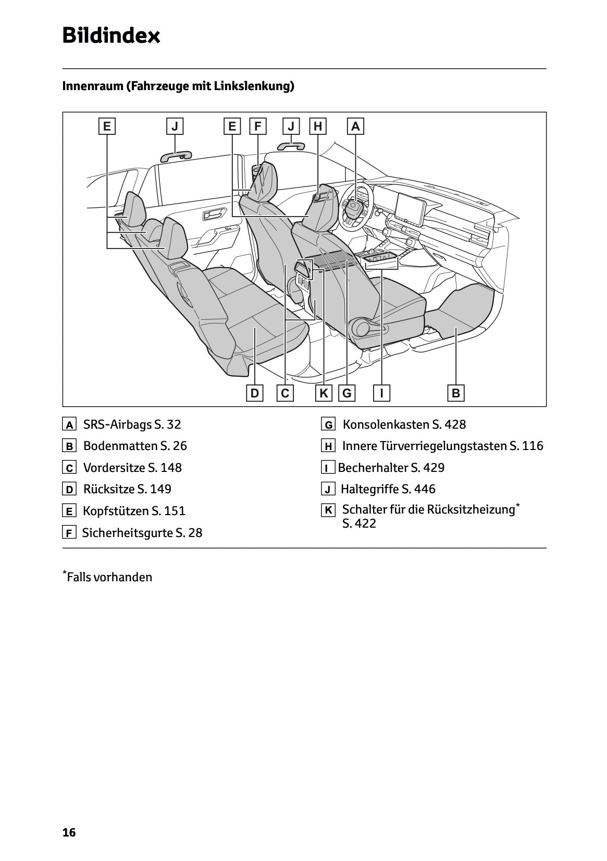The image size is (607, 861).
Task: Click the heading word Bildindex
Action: click(111, 36)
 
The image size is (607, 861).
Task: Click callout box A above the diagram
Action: click(355, 126)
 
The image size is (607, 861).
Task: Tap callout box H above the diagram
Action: click(318, 126)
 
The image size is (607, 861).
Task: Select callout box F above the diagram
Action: click(257, 126)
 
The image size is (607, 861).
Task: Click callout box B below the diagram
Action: click(456, 393)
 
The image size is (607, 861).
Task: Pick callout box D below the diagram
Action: click(254, 393)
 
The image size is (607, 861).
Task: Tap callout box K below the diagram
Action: click(324, 393)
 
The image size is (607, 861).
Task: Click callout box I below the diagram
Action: click(382, 393)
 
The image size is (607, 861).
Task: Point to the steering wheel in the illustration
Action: click(356, 206)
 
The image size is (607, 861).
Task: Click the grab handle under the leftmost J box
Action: click(176, 155)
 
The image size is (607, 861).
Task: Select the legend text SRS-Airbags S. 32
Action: click(132, 425)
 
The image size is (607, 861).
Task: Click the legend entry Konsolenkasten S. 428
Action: click(404, 425)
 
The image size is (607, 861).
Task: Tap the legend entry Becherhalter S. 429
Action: click(391, 468)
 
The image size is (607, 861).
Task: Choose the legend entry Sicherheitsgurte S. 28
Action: click(142, 533)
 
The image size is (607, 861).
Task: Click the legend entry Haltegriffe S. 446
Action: click(388, 489)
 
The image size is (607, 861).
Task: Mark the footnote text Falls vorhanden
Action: click(109, 577)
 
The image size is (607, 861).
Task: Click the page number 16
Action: click(69, 832)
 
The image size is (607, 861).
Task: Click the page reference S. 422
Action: click(359, 523)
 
